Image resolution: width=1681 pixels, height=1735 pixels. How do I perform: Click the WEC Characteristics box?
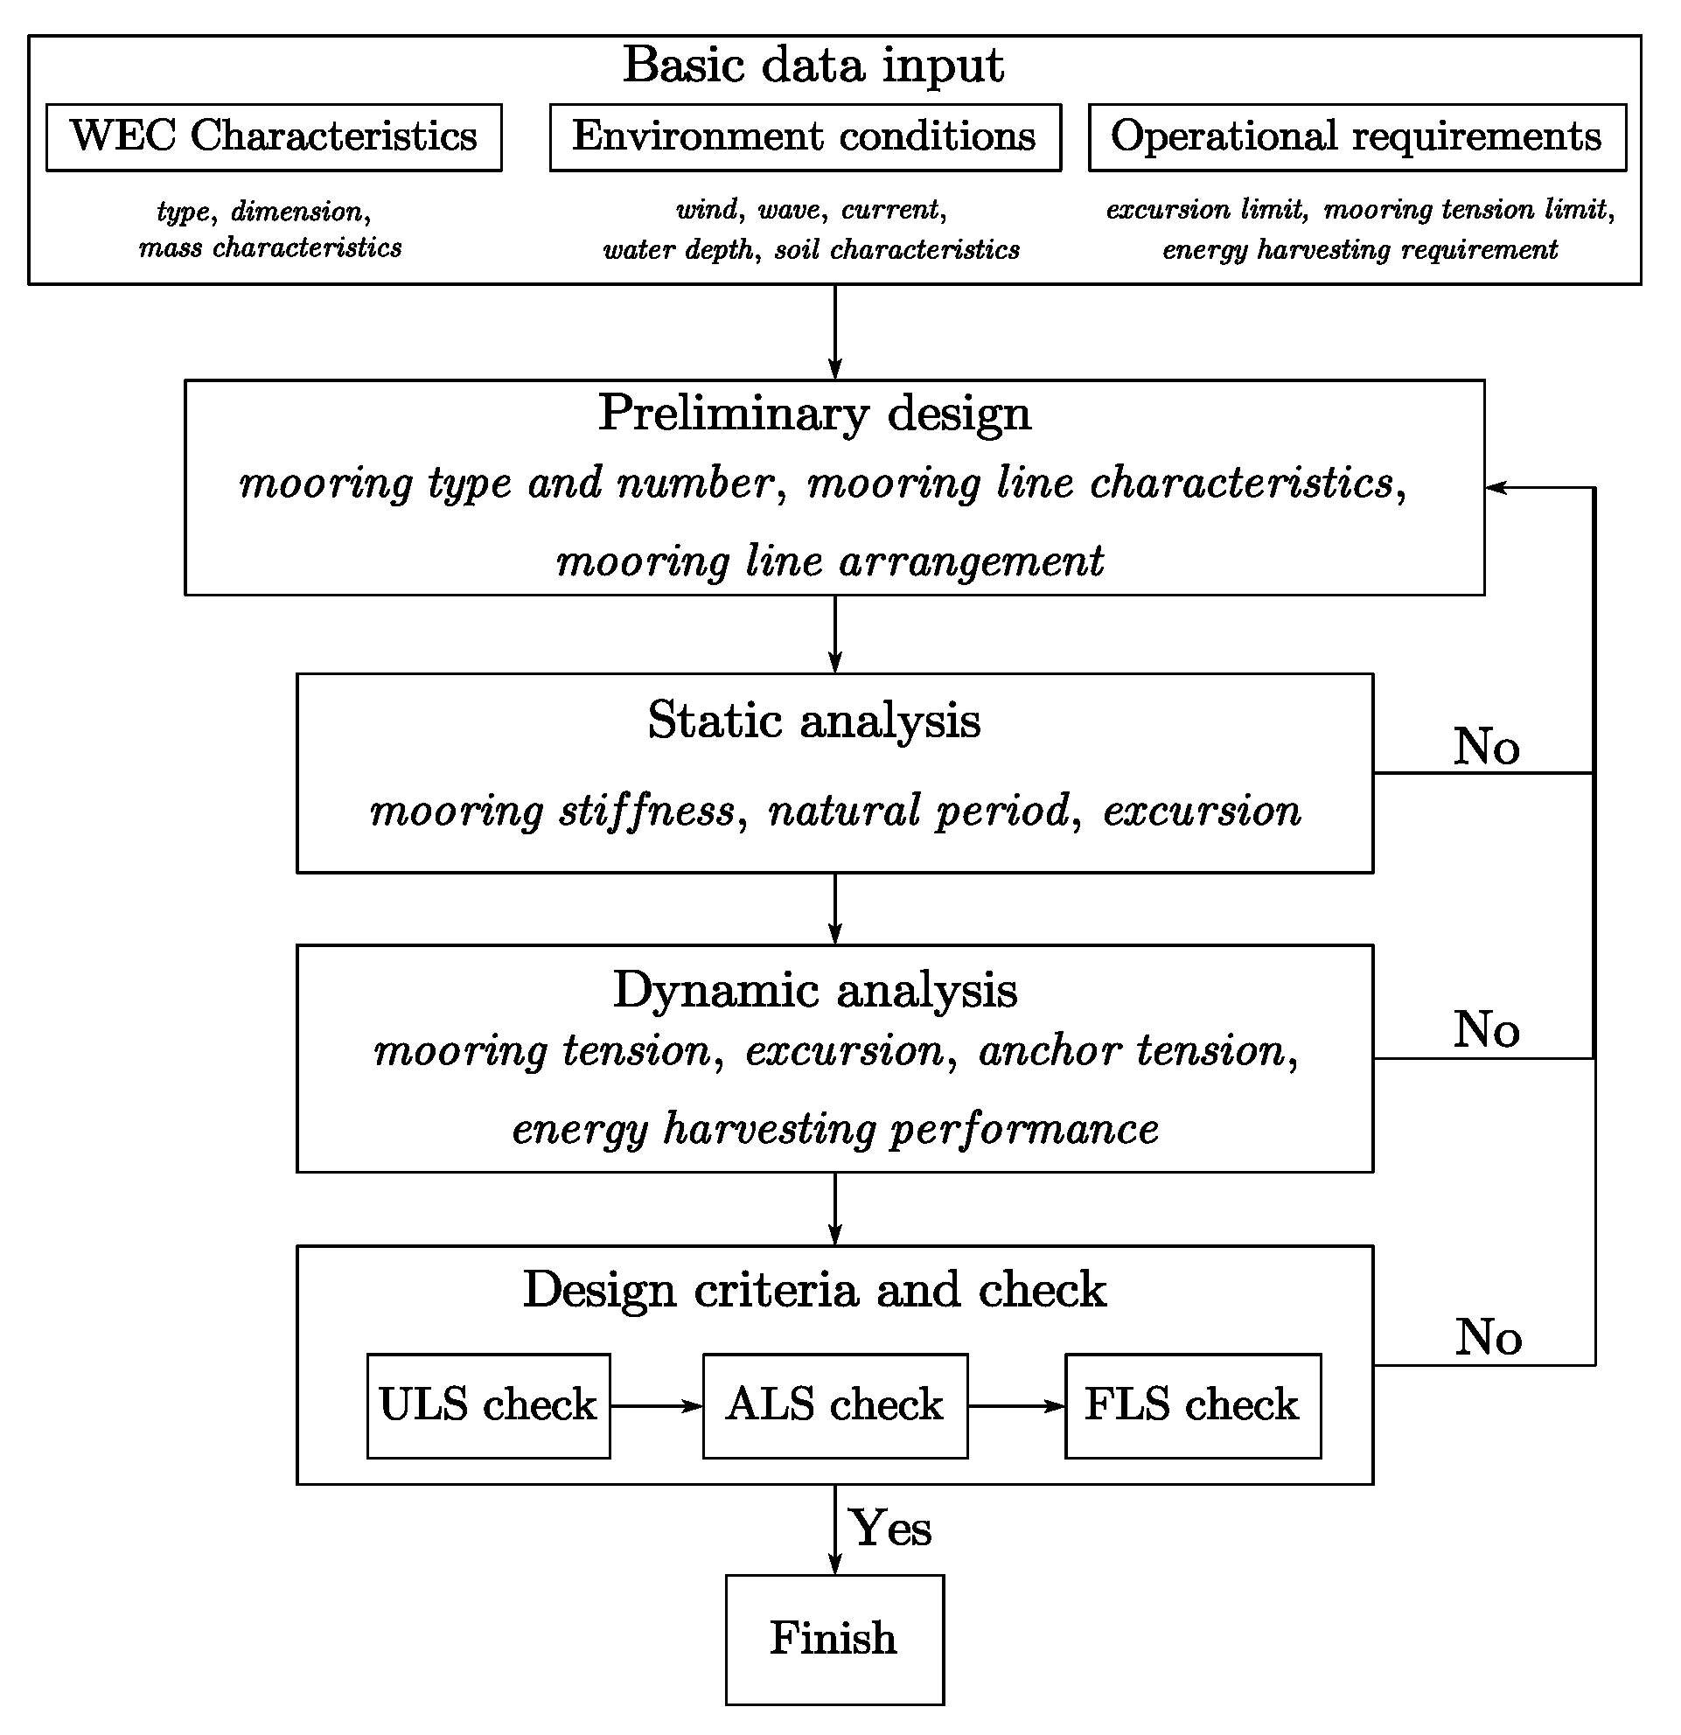(x=274, y=137)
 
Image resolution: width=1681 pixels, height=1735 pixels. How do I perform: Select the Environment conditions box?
(x=805, y=137)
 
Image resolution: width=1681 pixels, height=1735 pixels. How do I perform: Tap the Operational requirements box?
(x=1357, y=137)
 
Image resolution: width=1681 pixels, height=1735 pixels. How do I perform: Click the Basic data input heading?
(x=813, y=66)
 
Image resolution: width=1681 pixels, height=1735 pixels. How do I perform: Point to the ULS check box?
(x=488, y=1404)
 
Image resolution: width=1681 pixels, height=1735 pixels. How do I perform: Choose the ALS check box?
(x=834, y=1404)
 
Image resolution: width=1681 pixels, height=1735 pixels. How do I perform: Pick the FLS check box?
(x=1191, y=1404)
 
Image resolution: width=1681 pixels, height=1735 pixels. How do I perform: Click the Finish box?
(x=834, y=1639)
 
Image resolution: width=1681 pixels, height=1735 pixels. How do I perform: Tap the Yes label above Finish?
(x=889, y=1529)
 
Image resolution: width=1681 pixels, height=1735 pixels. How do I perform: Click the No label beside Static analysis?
(x=1486, y=746)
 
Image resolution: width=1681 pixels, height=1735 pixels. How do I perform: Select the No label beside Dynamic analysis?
(x=1486, y=1029)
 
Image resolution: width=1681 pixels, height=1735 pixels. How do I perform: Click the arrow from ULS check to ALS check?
(x=656, y=1405)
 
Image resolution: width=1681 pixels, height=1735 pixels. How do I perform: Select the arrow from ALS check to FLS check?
(x=1015, y=1405)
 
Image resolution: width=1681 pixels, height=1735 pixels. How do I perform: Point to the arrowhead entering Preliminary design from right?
(x=1496, y=487)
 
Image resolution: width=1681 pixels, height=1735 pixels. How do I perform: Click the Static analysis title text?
(x=813, y=720)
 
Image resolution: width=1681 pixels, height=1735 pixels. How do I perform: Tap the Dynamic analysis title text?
(x=814, y=990)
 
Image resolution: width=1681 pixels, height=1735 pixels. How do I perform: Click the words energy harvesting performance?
(x=834, y=1130)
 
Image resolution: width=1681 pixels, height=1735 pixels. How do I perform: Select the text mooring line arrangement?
(x=829, y=561)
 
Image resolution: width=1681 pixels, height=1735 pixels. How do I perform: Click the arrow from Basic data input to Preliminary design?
(x=834, y=332)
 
